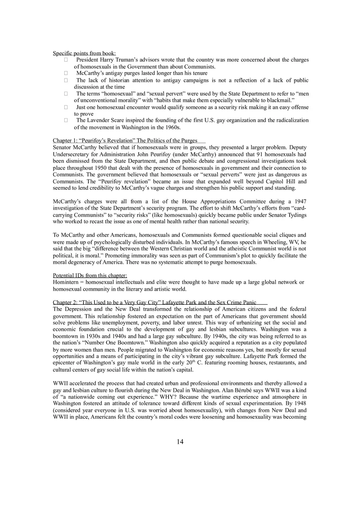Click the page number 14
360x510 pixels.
(x=180, y=442)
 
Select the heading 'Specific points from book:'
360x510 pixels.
(x=84, y=53)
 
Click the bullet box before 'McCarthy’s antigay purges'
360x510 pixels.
(x=65, y=73)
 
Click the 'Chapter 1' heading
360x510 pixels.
(x=125, y=141)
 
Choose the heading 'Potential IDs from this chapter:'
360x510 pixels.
(x=90, y=275)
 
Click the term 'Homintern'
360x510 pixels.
(x=66, y=282)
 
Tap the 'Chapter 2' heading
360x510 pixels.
(x=155, y=302)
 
